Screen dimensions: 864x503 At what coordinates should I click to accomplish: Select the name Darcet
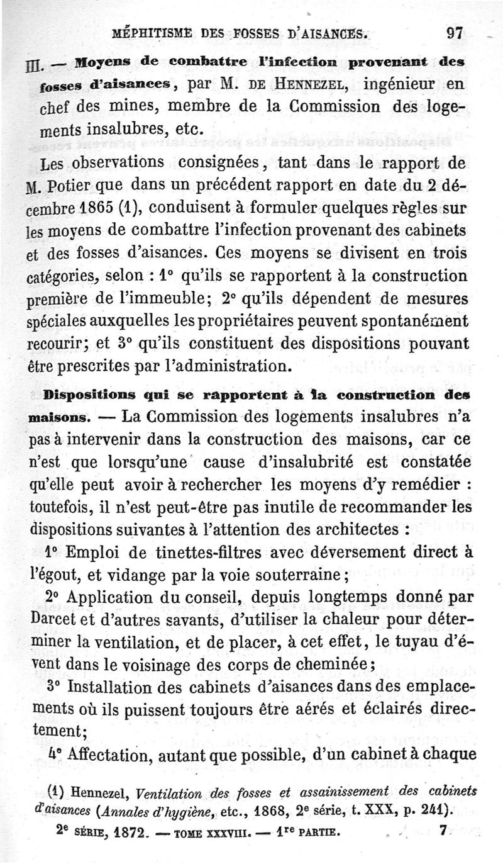pyautogui.click(x=55, y=619)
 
